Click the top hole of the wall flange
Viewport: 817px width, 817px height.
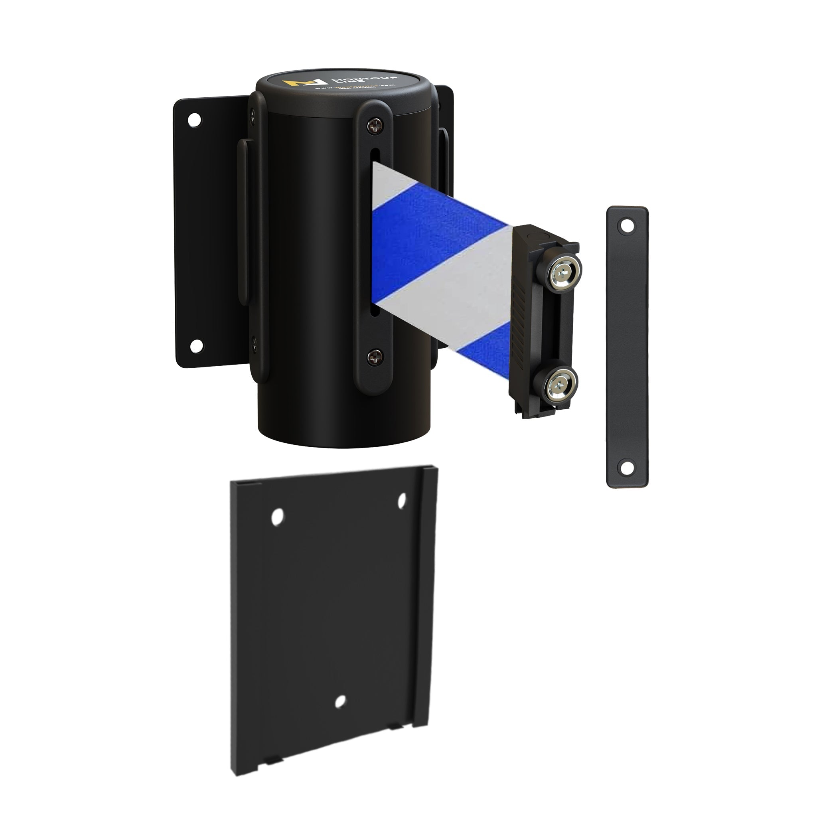pyautogui.click(x=195, y=119)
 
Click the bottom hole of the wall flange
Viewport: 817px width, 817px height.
pyautogui.click(x=195, y=346)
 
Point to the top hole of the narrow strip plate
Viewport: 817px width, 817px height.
pyautogui.click(x=627, y=226)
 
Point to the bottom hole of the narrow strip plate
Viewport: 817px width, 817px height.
pyautogui.click(x=627, y=467)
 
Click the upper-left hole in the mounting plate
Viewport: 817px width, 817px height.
pyautogui.click(x=277, y=517)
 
